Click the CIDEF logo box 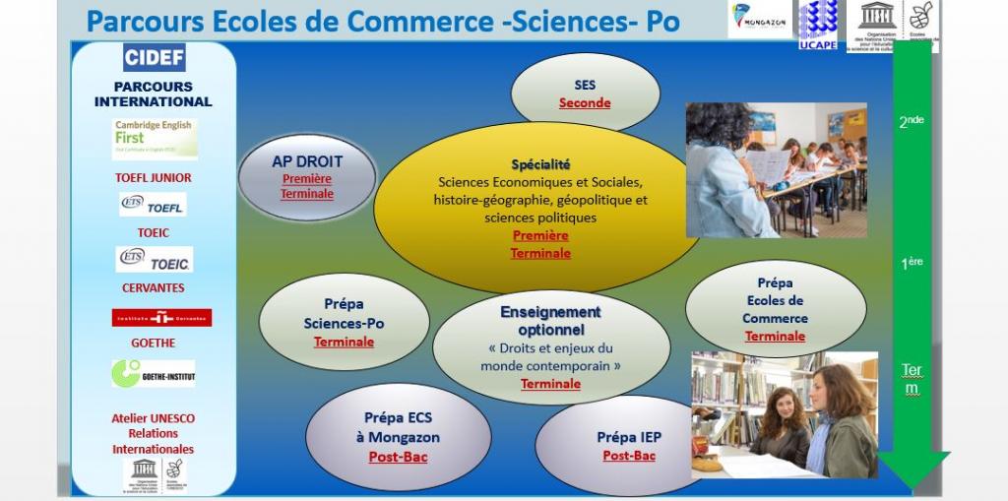[155, 57]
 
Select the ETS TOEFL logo [153, 205]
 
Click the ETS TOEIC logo [155, 260]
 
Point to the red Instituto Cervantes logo [161, 318]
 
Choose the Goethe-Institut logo [154, 374]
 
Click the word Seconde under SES [585, 103]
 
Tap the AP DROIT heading [307, 161]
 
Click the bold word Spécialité [540, 164]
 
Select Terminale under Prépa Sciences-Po [344, 343]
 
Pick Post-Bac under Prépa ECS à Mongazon [398, 457]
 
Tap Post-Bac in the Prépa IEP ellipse [629, 456]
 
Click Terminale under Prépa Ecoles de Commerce [775, 337]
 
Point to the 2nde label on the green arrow [912, 122]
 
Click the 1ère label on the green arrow [912, 264]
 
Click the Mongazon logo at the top [759, 20]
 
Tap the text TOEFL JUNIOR [154, 178]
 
